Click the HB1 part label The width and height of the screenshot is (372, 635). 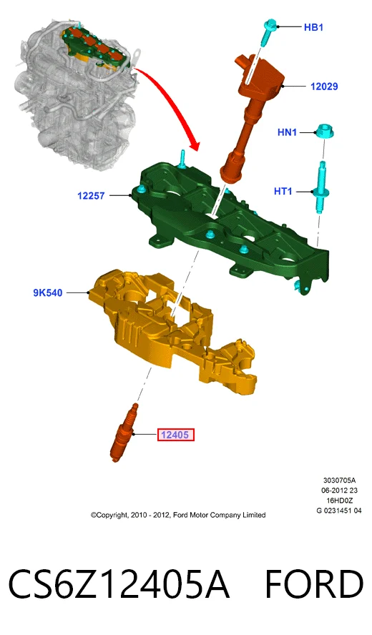tap(313, 27)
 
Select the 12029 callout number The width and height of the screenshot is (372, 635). tap(324, 87)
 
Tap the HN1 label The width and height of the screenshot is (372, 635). tap(287, 132)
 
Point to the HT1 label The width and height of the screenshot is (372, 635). tap(283, 191)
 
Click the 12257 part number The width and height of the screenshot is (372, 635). tap(91, 196)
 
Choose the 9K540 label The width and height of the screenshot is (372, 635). tap(48, 292)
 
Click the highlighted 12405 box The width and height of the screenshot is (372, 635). tap(175, 435)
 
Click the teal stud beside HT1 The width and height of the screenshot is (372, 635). tap(320, 187)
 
